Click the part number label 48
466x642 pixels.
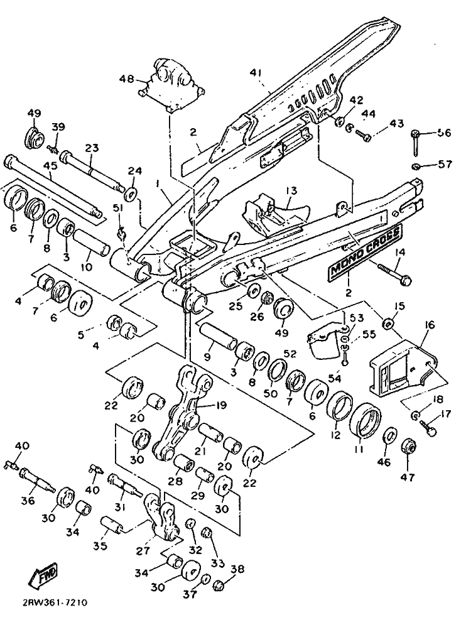click(127, 79)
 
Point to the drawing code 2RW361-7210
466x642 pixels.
click(55, 602)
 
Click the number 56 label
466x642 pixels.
click(444, 133)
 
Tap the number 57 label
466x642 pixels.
click(445, 165)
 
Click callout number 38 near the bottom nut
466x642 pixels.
click(237, 569)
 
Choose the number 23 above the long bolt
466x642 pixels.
click(92, 149)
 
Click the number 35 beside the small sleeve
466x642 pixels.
click(100, 546)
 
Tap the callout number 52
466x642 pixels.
click(289, 353)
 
